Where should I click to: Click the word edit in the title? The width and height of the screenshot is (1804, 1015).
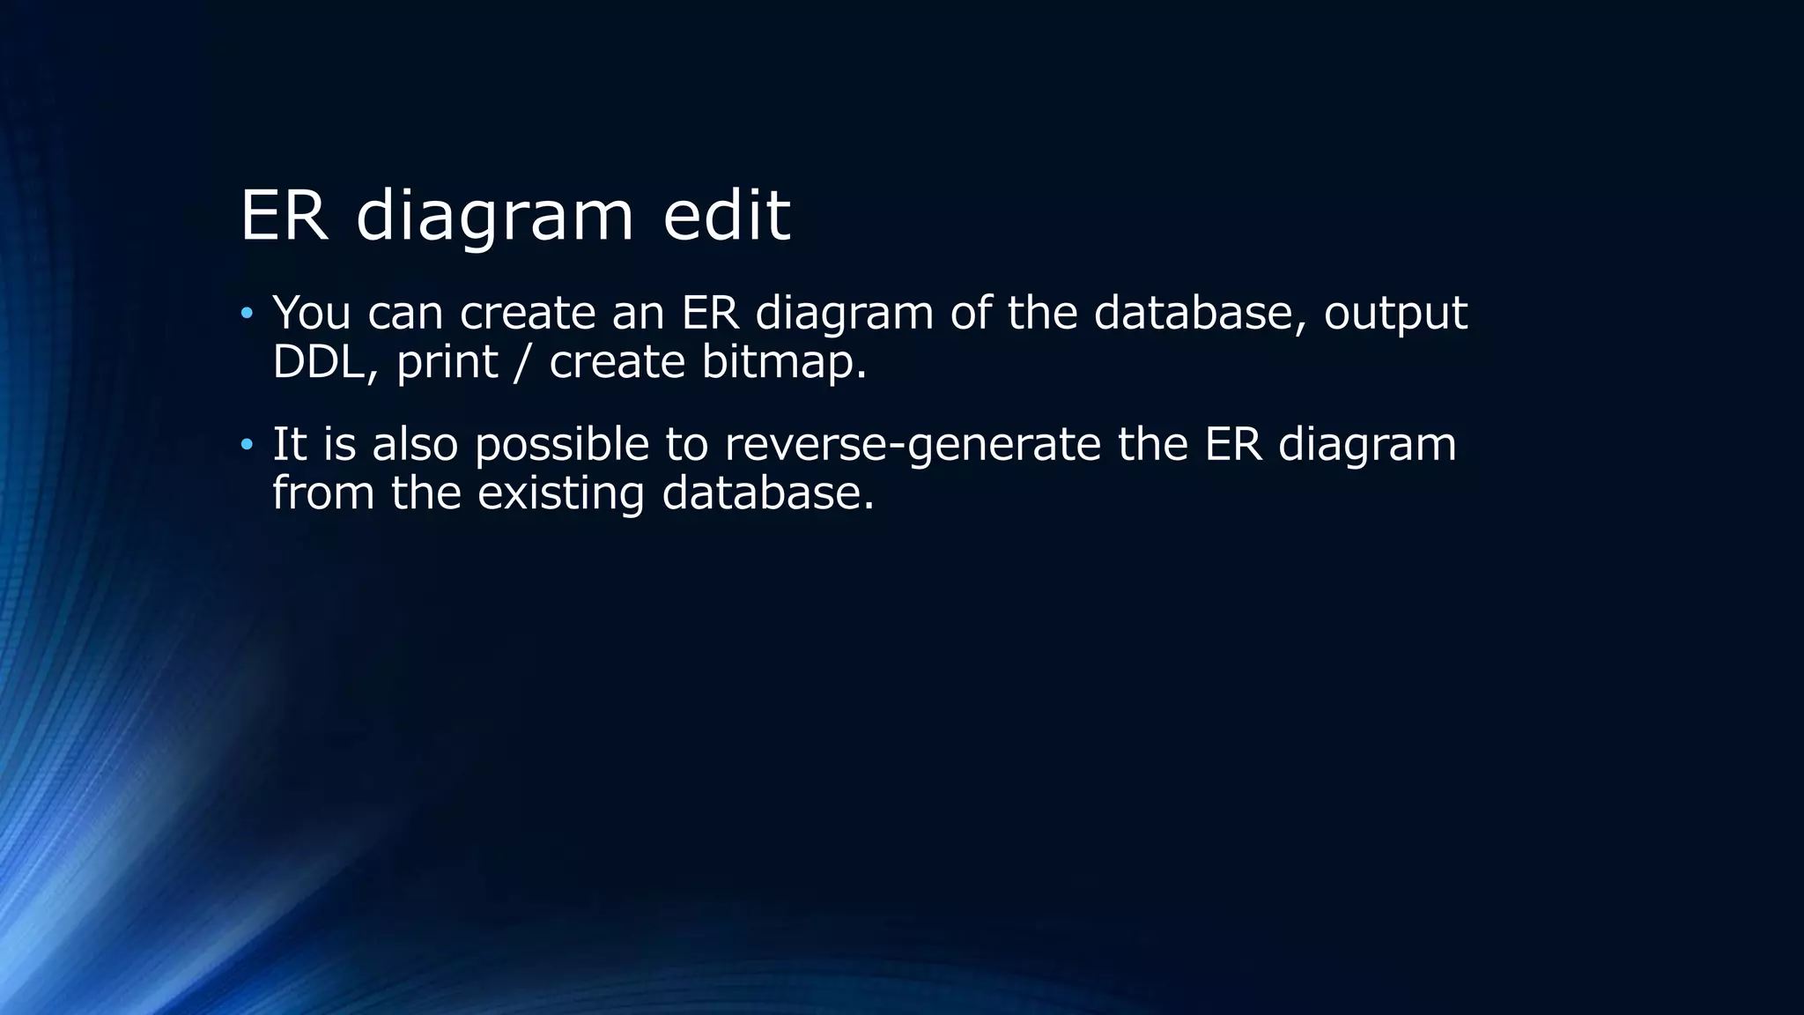[x=727, y=214]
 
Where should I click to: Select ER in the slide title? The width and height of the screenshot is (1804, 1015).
[x=284, y=215]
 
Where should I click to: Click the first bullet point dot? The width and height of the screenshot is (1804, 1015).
[x=247, y=313]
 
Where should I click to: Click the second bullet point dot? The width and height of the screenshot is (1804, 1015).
[x=247, y=444]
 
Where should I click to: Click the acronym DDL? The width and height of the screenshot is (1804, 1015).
[x=319, y=362]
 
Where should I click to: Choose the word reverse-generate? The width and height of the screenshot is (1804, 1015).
[x=913, y=446]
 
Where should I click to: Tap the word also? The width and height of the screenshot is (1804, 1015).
[x=415, y=444]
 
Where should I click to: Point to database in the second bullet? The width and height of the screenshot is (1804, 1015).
[x=767, y=493]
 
